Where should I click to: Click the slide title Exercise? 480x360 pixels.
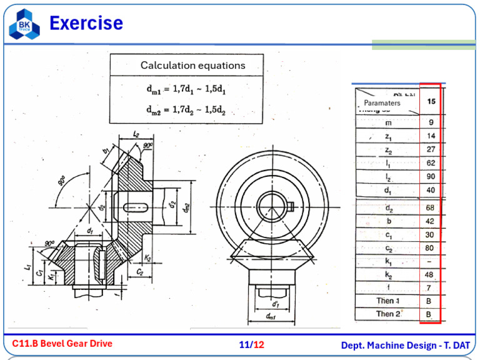86,24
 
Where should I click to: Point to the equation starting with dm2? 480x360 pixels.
186,110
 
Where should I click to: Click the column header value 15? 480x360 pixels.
431,101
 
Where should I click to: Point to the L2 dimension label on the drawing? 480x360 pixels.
137,134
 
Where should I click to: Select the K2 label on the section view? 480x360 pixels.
147,257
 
